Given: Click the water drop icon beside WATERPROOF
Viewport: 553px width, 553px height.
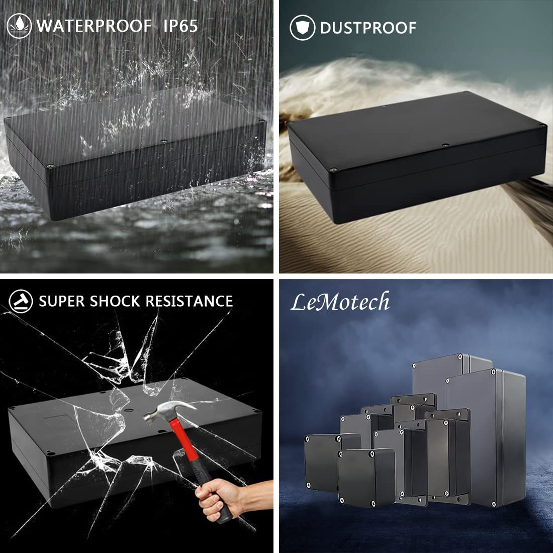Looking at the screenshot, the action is coord(19,26).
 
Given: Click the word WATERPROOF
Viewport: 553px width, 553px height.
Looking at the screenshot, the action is coord(94,26).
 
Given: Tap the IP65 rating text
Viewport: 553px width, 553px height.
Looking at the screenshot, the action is coord(180,26).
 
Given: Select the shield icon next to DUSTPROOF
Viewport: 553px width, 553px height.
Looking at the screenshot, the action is coord(302,28).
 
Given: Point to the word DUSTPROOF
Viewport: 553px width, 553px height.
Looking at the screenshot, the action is coord(368,28).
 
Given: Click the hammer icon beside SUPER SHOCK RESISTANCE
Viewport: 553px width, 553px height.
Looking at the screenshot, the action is coord(21,301).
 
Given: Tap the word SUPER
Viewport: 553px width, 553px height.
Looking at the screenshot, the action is coord(62,302).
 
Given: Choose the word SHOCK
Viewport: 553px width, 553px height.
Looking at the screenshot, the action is coord(115,302).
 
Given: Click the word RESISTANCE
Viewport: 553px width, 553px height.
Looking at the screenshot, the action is coord(189,302).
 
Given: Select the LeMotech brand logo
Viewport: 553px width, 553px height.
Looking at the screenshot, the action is coord(340,302).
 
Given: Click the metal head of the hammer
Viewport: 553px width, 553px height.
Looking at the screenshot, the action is coord(168,411).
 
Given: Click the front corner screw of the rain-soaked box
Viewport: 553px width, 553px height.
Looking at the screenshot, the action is coord(50,166).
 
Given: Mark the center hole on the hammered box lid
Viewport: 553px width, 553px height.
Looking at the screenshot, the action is coord(129,411).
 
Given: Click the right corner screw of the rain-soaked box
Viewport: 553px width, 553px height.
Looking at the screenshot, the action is coord(261,121).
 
